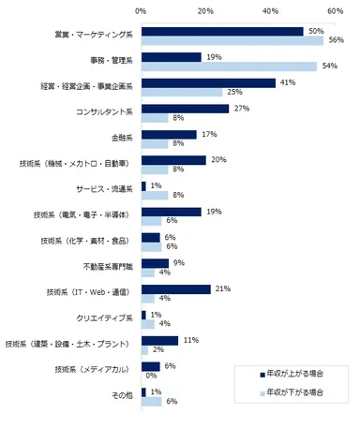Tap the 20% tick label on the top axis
pos(205,10)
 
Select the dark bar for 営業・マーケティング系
pos(222,31)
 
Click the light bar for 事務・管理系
pos(228,66)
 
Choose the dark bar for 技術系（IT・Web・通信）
pos(175,288)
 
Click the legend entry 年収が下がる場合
pos(292,393)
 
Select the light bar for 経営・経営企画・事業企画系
pos(182,92)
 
